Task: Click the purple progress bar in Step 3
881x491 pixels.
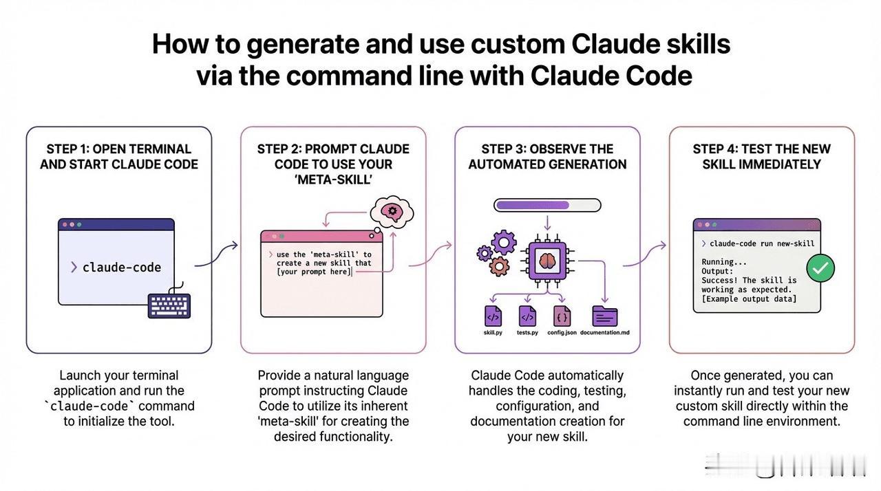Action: pyautogui.click(x=548, y=204)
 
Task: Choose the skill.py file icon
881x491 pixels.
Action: pyautogui.click(x=493, y=316)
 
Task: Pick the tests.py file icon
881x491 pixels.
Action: pyautogui.click(x=527, y=316)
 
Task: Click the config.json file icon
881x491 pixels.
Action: pyautogui.click(x=562, y=316)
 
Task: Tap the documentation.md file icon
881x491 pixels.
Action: pyautogui.click(x=604, y=316)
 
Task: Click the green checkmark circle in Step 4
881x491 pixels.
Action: pyautogui.click(x=820, y=268)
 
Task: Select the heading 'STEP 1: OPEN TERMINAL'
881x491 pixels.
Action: pyautogui.click(x=119, y=149)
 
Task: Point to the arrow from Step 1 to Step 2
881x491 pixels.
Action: pyautogui.click(x=216, y=254)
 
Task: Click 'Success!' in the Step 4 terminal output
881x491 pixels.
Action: pyautogui.click(x=719, y=280)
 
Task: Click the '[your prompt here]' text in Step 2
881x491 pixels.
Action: pyautogui.click(x=313, y=272)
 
